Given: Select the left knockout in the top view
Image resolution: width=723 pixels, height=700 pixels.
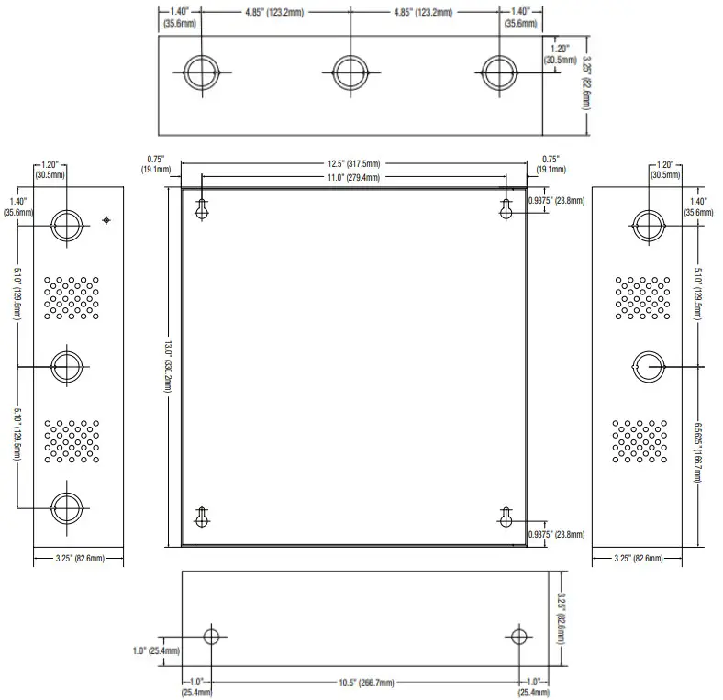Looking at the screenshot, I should pyautogui.click(x=201, y=72).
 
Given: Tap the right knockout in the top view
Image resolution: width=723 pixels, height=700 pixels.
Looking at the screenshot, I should pyautogui.click(x=500, y=72).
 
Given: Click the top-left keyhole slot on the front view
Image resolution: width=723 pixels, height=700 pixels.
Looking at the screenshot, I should pyautogui.click(x=202, y=210).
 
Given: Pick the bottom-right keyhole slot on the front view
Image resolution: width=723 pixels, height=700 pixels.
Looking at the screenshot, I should pyautogui.click(x=505, y=517).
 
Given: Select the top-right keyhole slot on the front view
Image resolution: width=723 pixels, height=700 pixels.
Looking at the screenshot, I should pyautogui.click(x=505, y=210).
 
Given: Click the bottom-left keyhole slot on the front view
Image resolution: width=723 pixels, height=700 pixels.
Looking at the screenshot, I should pyautogui.click(x=202, y=517).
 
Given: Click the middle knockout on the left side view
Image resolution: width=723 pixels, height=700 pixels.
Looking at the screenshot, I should pyautogui.click(x=66, y=366).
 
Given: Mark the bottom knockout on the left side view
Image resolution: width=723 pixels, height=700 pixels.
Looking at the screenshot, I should pyautogui.click(x=66, y=506).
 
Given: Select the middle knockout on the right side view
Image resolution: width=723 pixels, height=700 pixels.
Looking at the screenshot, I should pyautogui.click(x=649, y=365).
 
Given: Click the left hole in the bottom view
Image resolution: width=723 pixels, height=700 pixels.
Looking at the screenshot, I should pyautogui.click(x=212, y=637).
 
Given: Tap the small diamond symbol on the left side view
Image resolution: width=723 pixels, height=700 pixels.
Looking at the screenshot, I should pyautogui.click(x=107, y=220).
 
